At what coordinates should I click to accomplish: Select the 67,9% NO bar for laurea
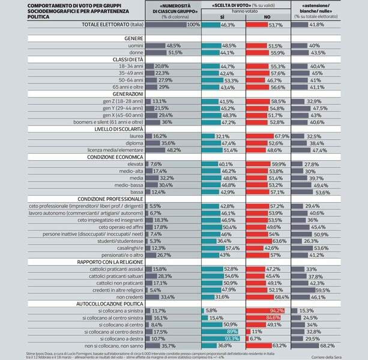point(267,136)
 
